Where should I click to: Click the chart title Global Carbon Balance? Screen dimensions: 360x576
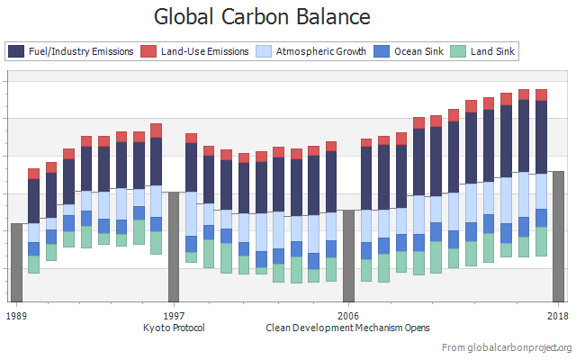tap(249, 16)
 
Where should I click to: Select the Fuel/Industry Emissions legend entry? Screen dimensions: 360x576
tap(72, 51)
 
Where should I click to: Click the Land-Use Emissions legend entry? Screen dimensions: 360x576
tap(195, 51)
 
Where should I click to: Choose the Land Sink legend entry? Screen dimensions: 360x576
tap(483, 51)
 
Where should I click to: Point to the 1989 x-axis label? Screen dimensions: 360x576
tap(16, 315)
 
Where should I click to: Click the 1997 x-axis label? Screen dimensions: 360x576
tap(174, 315)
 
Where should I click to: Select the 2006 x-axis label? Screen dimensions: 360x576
tap(348, 315)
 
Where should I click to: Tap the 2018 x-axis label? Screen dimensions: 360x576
tap(558, 315)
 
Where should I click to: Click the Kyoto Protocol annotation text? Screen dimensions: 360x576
tap(174, 328)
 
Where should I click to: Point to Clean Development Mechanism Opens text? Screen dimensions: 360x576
tap(348, 328)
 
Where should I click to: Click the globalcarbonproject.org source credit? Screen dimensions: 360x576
tap(508, 347)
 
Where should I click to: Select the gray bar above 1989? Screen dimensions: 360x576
tap(16, 263)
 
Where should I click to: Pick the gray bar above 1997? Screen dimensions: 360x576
tap(174, 247)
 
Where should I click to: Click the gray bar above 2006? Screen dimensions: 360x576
tap(348, 256)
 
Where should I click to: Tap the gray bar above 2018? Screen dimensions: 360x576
tap(558, 237)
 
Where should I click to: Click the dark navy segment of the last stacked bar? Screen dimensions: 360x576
tap(541, 136)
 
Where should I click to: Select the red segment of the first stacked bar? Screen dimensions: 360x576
tap(33, 174)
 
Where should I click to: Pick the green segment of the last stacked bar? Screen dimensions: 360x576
tap(541, 241)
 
